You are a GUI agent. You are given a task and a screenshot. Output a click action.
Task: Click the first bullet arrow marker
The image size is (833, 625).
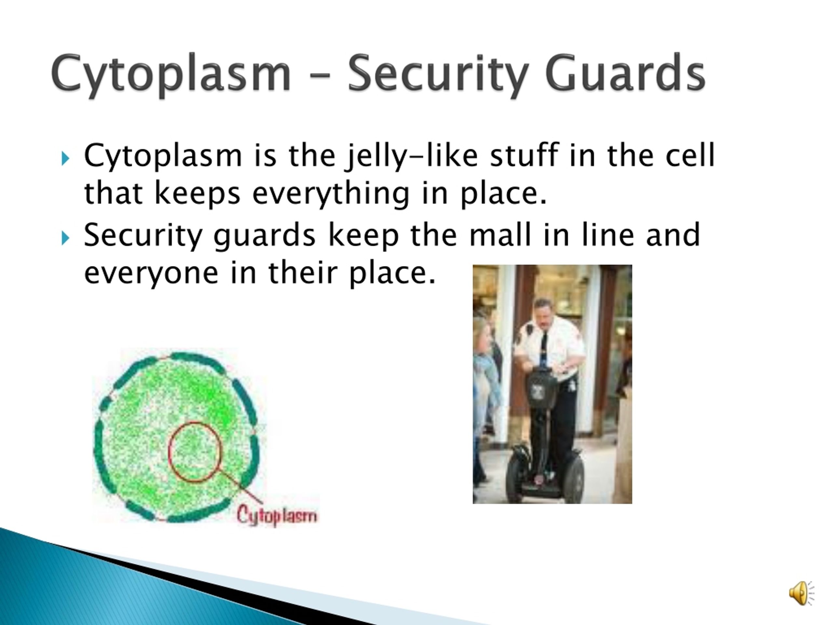tap(65, 158)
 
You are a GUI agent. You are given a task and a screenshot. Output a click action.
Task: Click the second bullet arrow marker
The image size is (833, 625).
tap(65, 238)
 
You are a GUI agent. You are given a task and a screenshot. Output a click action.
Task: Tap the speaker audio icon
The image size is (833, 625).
tap(801, 593)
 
